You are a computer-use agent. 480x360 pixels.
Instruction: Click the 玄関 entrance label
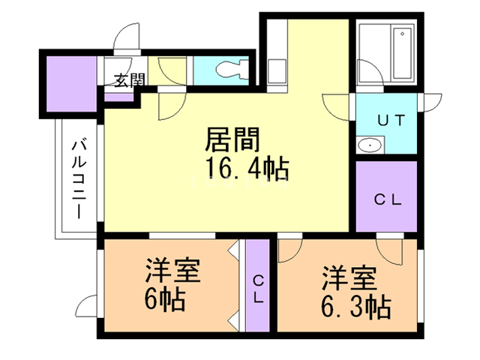coord(129,80)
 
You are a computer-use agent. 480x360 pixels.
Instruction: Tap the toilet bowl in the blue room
coord(232,70)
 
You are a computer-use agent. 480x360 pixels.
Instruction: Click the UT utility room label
coord(391,120)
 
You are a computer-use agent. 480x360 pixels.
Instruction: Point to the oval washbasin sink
coord(370,145)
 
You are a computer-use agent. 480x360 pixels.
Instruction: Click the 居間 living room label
coord(232,139)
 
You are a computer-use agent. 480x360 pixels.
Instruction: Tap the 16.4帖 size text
coord(247,168)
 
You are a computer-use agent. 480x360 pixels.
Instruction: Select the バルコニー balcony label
coord(79,179)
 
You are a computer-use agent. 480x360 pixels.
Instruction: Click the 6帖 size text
coord(165,299)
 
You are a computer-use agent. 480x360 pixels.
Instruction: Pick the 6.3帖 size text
coord(356,306)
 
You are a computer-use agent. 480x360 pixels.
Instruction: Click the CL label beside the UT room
coord(388,200)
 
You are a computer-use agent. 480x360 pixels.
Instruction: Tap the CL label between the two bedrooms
coord(259,289)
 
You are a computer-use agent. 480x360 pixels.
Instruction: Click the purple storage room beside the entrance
coord(72,84)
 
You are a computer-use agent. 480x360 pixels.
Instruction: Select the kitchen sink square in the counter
coord(277,70)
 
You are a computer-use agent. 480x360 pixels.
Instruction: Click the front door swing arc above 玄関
coord(126,37)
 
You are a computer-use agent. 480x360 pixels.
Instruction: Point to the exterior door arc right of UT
coord(432,103)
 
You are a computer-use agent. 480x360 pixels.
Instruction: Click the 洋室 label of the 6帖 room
coord(173,271)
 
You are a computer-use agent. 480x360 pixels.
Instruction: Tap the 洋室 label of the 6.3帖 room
coord(349,278)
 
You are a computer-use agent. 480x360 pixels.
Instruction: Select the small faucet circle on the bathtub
coord(402,34)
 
